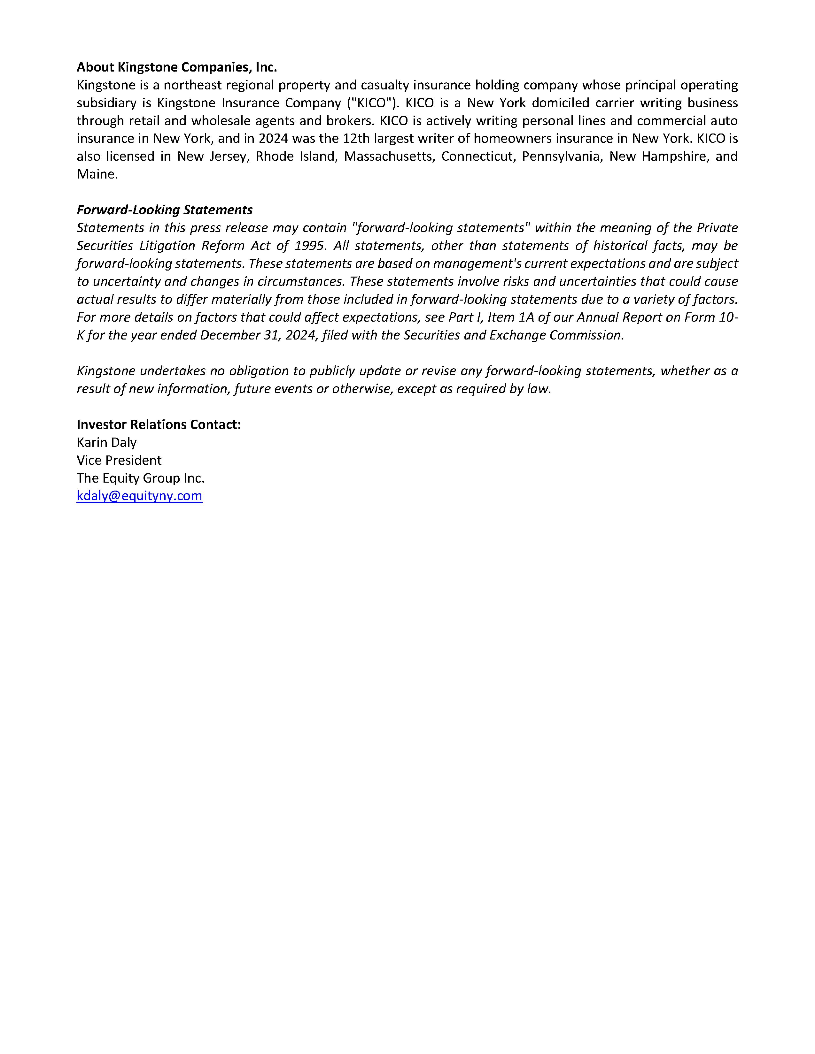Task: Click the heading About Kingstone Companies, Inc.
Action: coord(177,67)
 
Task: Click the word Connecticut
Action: coord(478,157)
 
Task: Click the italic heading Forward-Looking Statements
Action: coord(165,210)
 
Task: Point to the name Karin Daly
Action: coord(107,442)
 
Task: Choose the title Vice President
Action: coord(119,460)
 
